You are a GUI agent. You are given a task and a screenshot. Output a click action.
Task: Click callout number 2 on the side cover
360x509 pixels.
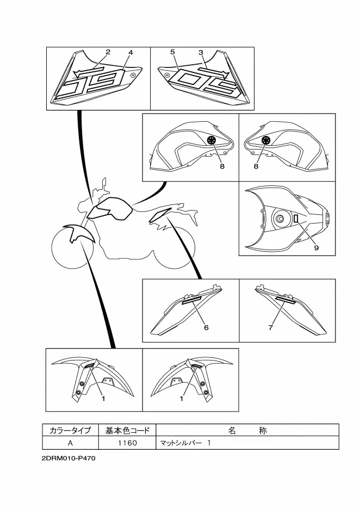click(108, 52)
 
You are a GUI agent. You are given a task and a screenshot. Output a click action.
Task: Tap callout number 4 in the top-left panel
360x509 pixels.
click(131, 52)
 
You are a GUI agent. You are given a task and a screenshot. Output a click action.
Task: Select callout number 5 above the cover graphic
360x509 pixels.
click(172, 52)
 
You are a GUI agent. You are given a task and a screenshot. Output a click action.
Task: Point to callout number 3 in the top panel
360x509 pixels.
click(201, 52)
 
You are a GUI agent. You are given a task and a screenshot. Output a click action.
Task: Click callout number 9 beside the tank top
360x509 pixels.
click(316, 247)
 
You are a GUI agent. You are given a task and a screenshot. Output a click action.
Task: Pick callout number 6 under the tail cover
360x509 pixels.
click(206, 327)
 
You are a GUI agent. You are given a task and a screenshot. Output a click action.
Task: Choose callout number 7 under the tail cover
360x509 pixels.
click(271, 327)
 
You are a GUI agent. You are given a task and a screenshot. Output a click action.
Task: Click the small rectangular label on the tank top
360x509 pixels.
click(296, 219)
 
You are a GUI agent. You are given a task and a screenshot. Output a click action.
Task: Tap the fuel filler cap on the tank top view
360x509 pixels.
click(280, 220)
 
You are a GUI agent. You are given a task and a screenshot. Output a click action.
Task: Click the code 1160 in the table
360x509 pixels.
click(127, 443)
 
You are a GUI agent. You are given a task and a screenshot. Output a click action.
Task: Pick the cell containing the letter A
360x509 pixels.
click(71, 443)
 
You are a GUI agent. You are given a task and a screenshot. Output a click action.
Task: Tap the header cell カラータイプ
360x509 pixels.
click(71, 431)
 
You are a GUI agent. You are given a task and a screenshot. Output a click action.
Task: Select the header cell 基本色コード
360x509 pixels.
click(127, 431)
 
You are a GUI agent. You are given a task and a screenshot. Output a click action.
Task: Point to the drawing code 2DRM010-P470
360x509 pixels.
click(69, 458)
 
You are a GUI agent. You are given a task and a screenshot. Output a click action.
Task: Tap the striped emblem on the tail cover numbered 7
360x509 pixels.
click(285, 300)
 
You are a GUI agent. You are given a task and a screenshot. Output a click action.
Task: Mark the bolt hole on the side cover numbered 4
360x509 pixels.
click(133, 75)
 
